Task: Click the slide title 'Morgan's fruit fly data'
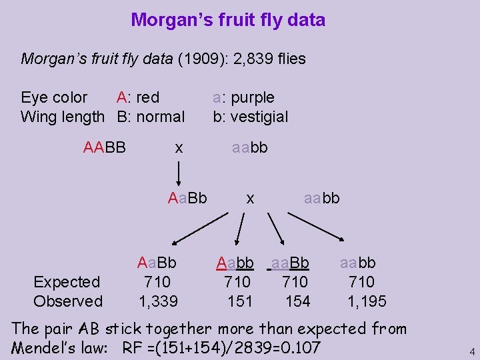pyautogui.click(x=228, y=20)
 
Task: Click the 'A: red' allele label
pyautogui.click(x=138, y=97)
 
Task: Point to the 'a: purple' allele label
pyautogui.click(x=243, y=97)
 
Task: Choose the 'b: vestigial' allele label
pyautogui.click(x=250, y=117)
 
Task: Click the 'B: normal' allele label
pyautogui.click(x=151, y=117)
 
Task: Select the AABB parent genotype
pyautogui.click(x=105, y=147)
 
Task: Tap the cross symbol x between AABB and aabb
pyautogui.click(x=179, y=147)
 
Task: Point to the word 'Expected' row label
pyautogui.click(x=67, y=282)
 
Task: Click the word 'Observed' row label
pyautogui.click(x=68, y=301)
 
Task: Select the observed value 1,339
pyautogui.click(x=158, y=301)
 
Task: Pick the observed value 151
pyautogui.click(x=240, y=301)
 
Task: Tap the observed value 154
pyautogui.click(x=297, y=301)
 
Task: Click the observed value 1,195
pyautogui.click(x=367, y=301)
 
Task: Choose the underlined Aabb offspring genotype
pyautogui.click(x=235, y=263)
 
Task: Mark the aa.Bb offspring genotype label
pyautogui.click(x=291, y=263)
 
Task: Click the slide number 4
pyautogui.click(x=471, y=351)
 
